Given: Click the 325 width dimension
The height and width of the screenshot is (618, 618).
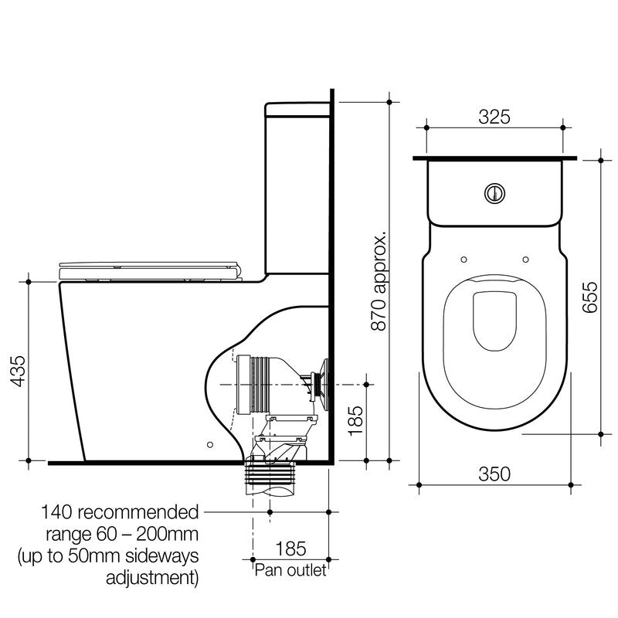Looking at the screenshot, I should coord(494,117).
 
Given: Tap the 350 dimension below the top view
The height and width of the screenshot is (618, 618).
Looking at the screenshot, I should coord(494,474).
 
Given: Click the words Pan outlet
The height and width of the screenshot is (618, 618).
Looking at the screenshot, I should coord(290,570).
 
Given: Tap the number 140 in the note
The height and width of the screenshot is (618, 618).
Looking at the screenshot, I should coord(57,512).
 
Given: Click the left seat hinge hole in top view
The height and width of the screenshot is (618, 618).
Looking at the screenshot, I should coord(462,260).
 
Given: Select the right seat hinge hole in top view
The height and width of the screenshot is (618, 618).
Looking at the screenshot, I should coord(525,260).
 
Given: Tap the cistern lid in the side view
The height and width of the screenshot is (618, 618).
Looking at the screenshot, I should coord(297,109).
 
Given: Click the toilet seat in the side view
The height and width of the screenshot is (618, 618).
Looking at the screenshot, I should coord(151,269).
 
